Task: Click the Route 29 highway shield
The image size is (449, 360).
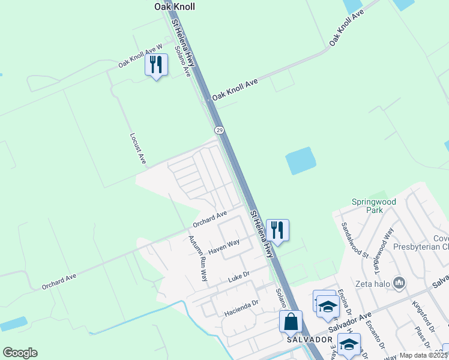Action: (219, 130)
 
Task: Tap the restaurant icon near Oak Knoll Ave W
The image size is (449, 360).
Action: (156, 65)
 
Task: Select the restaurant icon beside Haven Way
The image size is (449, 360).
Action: (277, 230)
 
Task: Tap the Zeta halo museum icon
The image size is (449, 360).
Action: (399, 283)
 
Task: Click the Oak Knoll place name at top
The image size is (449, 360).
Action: (175, 7)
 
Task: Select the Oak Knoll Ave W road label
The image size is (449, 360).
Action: (140, 55)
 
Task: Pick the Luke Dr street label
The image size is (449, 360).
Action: (238, 277)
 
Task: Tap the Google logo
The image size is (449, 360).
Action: (20, 353)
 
